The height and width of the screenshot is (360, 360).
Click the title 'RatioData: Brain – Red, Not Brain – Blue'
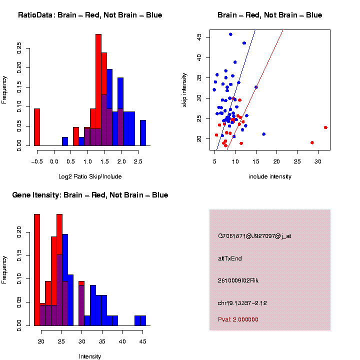point(90,15)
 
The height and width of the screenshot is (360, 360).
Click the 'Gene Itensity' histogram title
point(90,195)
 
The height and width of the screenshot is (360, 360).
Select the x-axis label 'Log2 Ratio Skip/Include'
point(90,176)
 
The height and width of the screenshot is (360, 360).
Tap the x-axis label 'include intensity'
point(270,176)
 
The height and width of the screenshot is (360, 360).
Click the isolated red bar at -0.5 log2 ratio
point(37,127)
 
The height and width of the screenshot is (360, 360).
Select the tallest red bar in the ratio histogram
point(98,90)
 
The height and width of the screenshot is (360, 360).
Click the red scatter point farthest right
point(325,127)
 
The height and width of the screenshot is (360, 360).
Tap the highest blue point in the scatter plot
point(230,34)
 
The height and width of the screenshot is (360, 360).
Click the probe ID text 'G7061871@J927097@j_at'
point(254,236)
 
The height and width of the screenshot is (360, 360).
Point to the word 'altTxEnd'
point(230,258)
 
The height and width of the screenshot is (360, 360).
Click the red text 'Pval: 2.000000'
point(238,319)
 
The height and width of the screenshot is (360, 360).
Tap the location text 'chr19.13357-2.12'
point(242,303)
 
